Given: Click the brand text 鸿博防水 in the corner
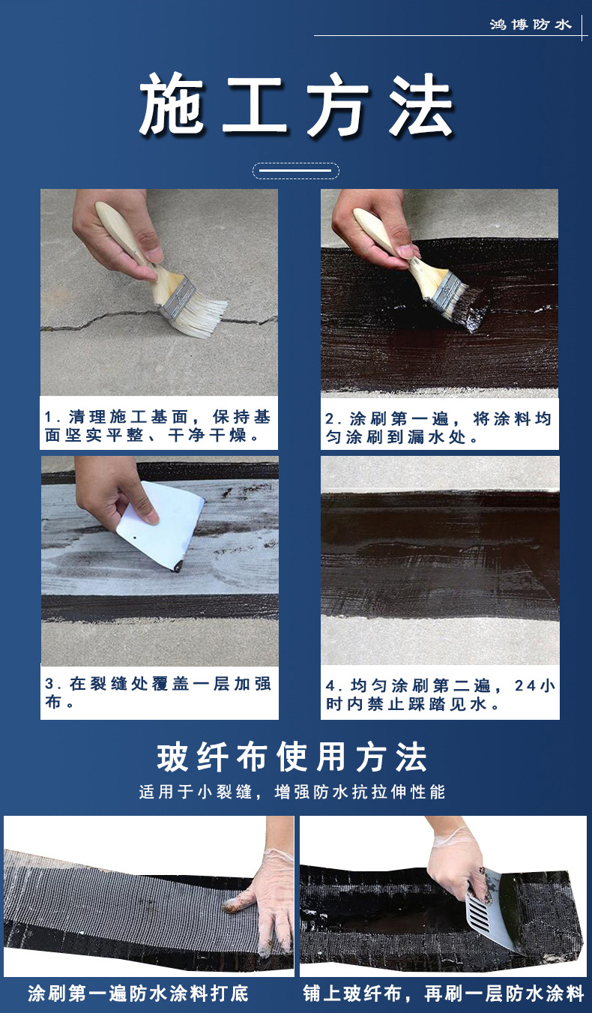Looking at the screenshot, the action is click(x=531, y=24).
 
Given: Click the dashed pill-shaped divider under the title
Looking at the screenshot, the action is click(x=295, y=170).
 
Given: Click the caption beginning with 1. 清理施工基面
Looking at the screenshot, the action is click(x=157, y=426).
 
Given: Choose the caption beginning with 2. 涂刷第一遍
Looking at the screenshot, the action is click(x=438, y=427).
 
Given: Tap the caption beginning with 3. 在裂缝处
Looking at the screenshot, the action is click(x=157, y=692).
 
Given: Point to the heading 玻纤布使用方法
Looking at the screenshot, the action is click(x=292, y=757).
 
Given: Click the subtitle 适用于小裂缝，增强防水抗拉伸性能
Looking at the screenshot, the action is click(x=292, y=792).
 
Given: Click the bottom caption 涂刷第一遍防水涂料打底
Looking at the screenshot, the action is click(x=138, y=993).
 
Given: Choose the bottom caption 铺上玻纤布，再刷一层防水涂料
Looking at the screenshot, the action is click(x=444, y=993).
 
